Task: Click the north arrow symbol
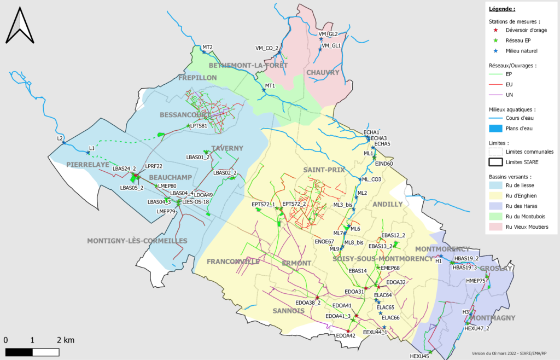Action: coord(20,25)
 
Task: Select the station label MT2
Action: coord(207,48)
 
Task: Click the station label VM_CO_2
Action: coord(267,48)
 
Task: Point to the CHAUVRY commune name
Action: coord(323,73)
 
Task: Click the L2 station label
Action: coord(60,138)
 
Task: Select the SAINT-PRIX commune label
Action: coord(324,170)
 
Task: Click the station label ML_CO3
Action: coord(371,179)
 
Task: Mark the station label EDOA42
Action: coord(346,335)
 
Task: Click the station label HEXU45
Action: coord(419,356)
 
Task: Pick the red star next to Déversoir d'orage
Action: coord(495,31)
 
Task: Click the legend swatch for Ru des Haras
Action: coord(496,206)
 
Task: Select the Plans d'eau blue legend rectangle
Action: coord(496,129)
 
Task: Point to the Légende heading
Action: coord(502,9)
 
